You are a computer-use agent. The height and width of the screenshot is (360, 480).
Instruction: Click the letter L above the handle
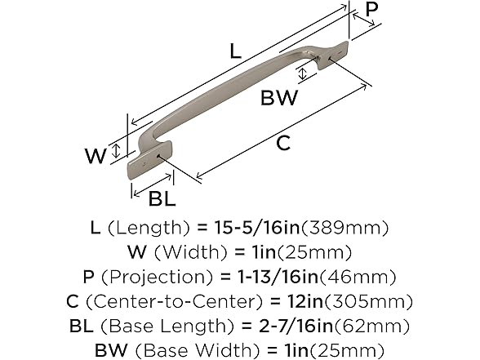[x=234, y=51]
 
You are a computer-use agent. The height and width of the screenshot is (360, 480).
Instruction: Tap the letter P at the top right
[x=371, y=10]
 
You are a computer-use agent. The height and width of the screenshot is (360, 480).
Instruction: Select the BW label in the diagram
[x=279, y=99]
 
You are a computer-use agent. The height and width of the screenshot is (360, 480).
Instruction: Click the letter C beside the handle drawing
[x=260, y=144]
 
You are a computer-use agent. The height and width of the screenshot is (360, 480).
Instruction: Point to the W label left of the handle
[x=96, y=154]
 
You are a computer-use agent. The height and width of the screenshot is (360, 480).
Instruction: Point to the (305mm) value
[x=358, y=301]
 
